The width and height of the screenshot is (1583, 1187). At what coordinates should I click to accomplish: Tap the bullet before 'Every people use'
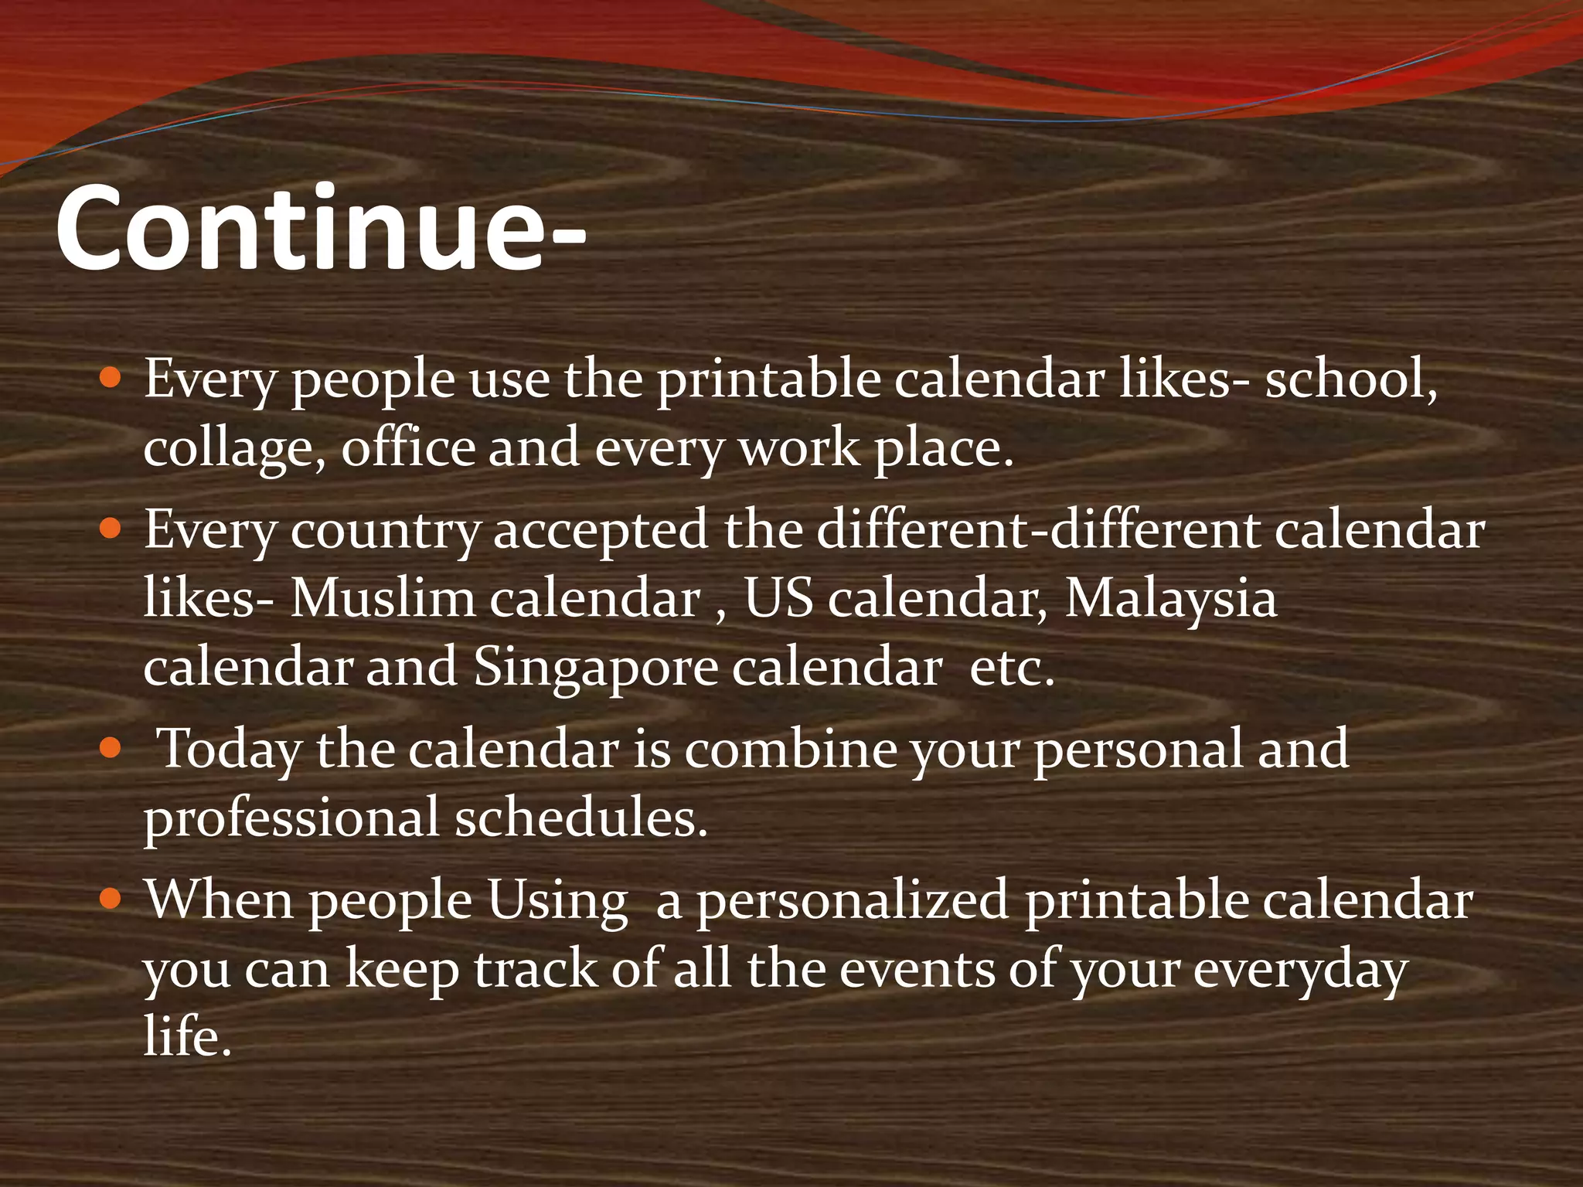(x=111, y=378)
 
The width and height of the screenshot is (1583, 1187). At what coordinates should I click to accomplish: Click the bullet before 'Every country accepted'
(x=111, y=529)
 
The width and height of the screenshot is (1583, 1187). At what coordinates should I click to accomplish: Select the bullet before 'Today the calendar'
(x=111, y=748)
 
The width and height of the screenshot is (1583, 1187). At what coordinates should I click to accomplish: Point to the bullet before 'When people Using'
(x=111, y=899)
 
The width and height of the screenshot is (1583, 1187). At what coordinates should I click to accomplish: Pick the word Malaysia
(x=1170, y=599)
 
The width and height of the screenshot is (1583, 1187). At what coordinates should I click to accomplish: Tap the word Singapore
(x=595, y=668)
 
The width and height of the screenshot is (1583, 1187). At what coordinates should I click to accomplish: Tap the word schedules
(x=580, y=817)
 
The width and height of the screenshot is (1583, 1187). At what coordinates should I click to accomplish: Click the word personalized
(x=853, y=901)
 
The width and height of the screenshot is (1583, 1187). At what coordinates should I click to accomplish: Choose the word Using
(x=557, y=901)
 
